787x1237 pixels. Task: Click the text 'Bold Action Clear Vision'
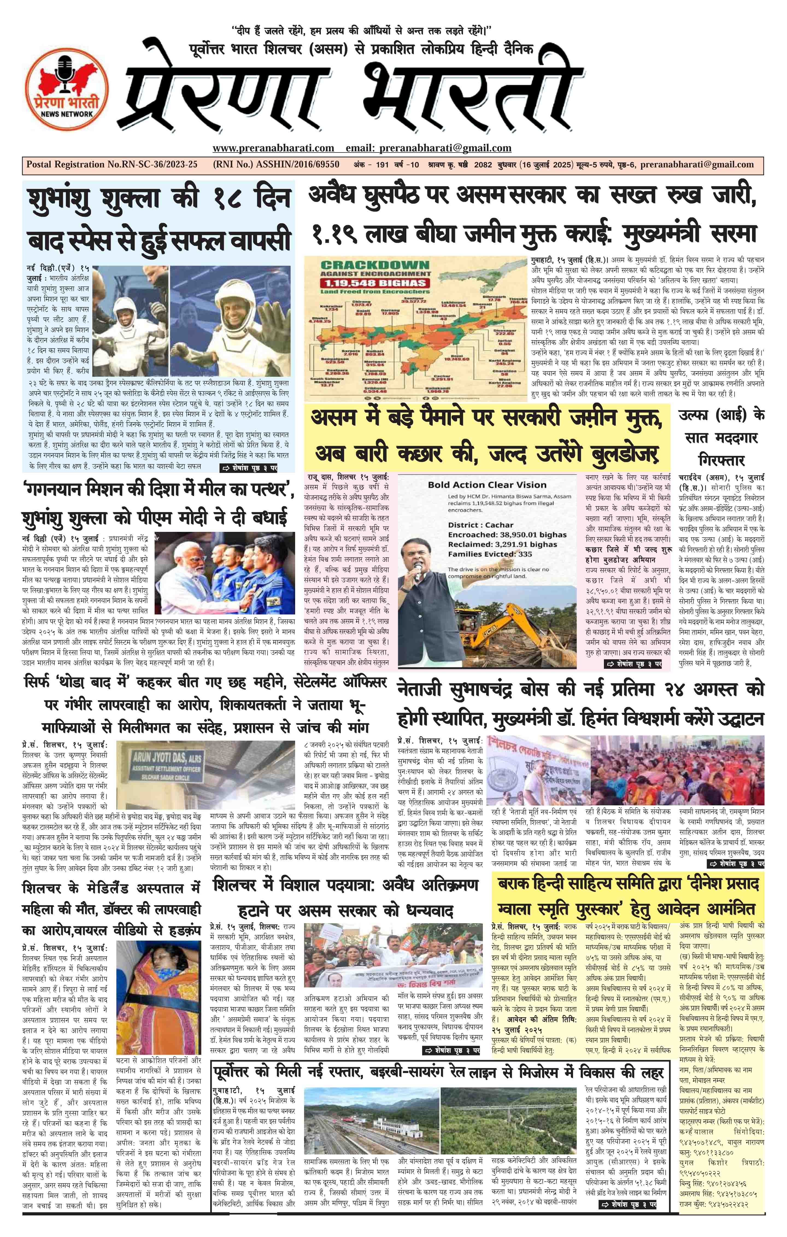487,484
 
